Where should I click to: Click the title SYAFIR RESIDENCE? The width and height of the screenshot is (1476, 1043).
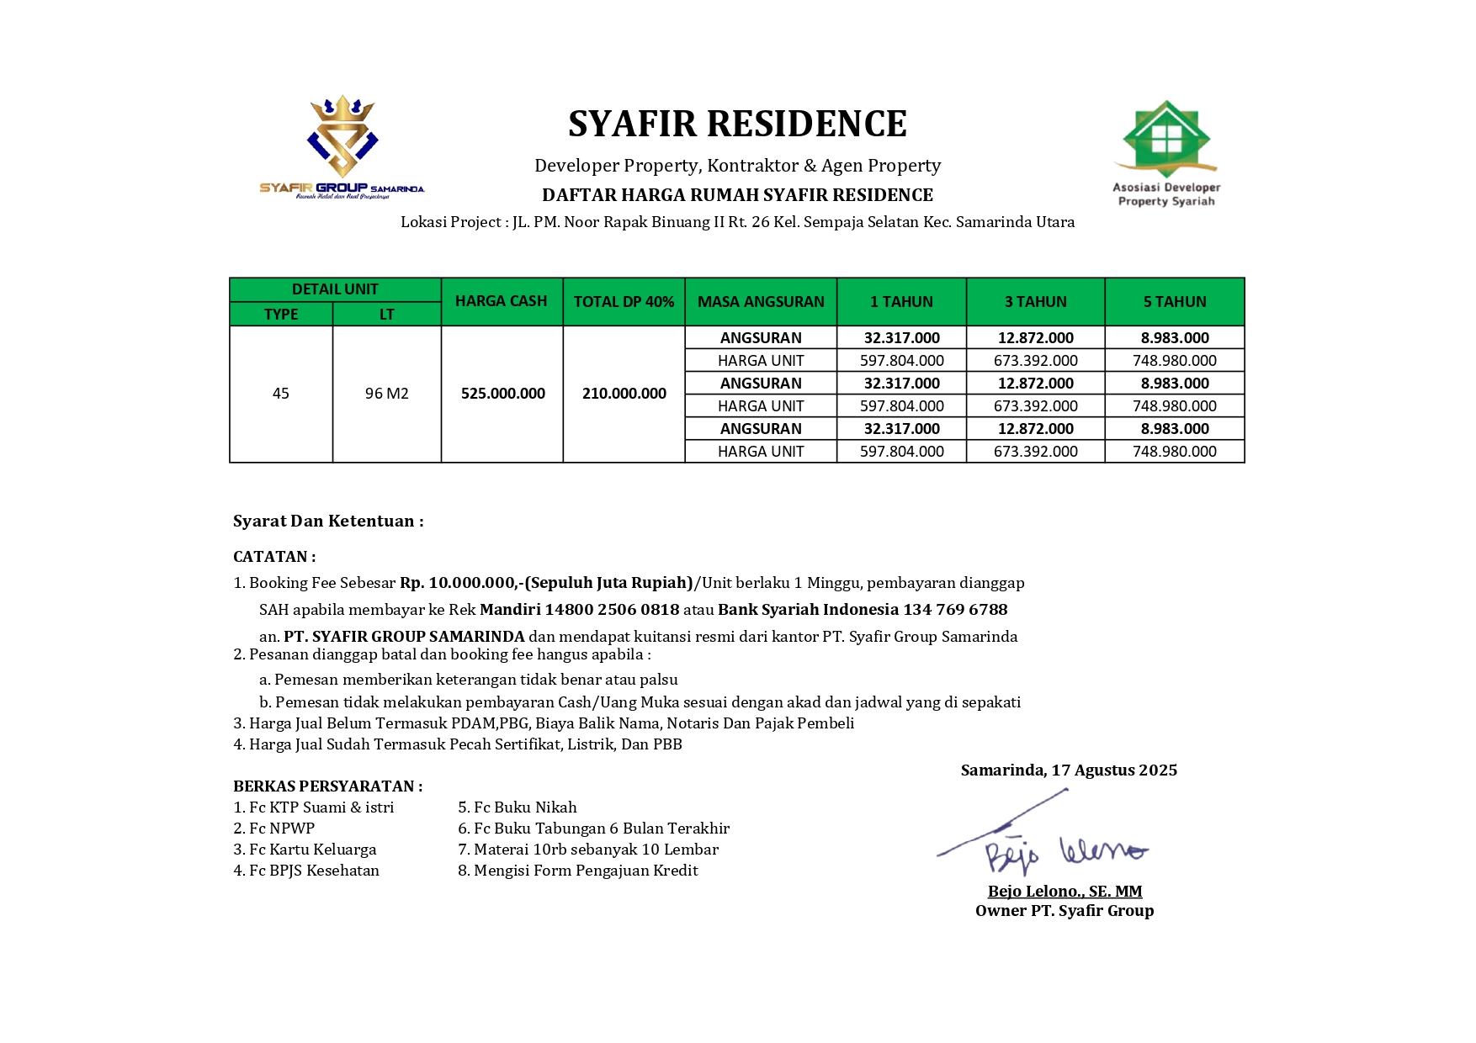pos(737,124)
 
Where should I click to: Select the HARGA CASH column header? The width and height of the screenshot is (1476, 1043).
pos(502,301)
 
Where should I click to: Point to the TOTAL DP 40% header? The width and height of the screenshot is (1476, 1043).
pos(624,302)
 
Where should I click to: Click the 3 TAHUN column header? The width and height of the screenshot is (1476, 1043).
pos(1035,302)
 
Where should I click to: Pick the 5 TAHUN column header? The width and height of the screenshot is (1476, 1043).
pos(1174,302)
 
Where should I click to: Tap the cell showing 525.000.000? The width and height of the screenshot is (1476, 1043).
pos(502,394)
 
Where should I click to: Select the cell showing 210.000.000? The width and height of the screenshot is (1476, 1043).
pos(624,394)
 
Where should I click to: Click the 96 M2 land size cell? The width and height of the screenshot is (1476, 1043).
pos(386,394)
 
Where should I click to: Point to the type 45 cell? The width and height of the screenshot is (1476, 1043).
pos(281,394)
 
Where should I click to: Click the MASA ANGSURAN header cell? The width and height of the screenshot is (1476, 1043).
pos(761,302)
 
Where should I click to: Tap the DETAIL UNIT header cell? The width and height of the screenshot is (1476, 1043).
pos(335,289)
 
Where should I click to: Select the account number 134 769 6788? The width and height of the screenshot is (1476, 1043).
pos(955,610)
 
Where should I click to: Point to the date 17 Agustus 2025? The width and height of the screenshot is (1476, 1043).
pos(1113,770)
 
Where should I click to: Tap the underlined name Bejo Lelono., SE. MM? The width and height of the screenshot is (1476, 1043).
pos(1065,892)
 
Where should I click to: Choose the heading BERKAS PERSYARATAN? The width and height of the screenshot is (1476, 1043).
pos(327,786)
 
